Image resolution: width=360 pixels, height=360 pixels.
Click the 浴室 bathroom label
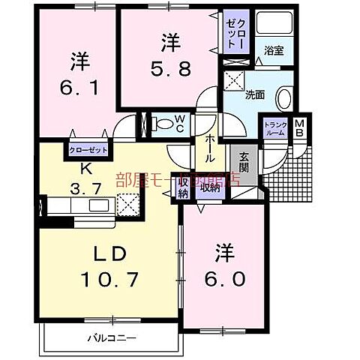coord(271,52)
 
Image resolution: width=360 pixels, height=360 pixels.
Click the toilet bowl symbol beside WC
coord(160,122)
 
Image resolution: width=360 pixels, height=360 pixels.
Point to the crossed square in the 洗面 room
coord(235,80)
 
